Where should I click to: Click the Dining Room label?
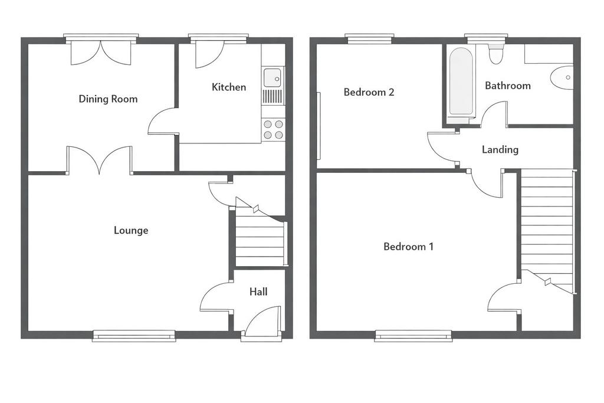coord(109,99)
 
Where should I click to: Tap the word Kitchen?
coord(229,87)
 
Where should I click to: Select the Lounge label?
coord(131,230)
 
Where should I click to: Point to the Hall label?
coord(258,291)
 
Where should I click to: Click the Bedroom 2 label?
coord(369,92)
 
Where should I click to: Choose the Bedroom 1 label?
coord(409,247)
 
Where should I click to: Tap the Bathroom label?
coord(508,86)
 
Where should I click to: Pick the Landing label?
coord(500,149)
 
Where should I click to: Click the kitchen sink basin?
coord(273,77)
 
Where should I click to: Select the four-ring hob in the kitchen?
coord(273,129)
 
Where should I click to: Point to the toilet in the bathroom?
coord(495,54)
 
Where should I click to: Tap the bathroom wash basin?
coord(562,77)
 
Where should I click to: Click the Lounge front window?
coord(134,336)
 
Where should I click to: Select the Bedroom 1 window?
coord(413,336)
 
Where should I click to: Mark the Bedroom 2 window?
coord(370,38)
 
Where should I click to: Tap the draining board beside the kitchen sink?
coord(273,96)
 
